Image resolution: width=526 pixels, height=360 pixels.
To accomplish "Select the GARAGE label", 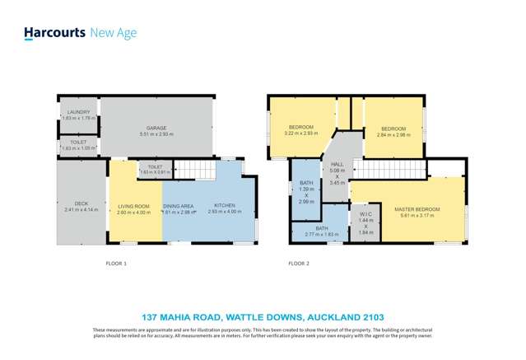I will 156,128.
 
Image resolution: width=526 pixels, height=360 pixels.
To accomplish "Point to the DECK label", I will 80,203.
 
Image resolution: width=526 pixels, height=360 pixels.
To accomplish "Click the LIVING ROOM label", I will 133,206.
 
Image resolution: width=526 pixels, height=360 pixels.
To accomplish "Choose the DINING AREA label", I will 178,206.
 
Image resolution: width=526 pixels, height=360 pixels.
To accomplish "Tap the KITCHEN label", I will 225,205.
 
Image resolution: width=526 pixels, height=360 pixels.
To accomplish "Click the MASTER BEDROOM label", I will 417,209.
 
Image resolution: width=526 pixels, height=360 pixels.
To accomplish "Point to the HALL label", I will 337,166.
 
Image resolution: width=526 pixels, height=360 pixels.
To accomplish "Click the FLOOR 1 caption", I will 116,264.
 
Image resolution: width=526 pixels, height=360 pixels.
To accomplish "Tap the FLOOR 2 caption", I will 299,264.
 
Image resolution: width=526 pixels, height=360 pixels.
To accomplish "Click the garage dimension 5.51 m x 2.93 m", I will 156,133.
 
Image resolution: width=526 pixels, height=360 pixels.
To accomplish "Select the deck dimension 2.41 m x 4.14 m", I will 81,210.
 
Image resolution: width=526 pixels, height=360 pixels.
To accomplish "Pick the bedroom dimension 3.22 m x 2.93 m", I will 300,133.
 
